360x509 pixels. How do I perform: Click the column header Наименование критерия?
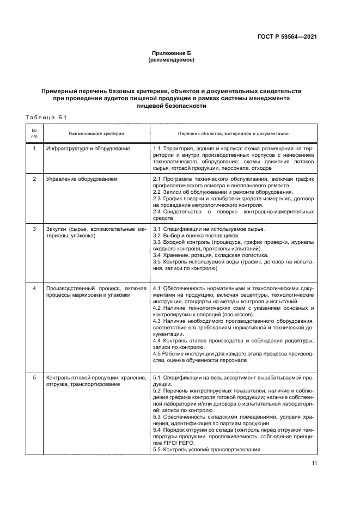click(96, 133)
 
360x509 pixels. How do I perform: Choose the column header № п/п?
click(34, 133)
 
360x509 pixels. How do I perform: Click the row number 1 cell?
click(34, 149)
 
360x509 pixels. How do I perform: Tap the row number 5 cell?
click(34, 377)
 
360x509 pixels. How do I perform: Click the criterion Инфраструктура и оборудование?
click(88, 149)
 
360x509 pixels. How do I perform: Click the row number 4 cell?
click(34, 288)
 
